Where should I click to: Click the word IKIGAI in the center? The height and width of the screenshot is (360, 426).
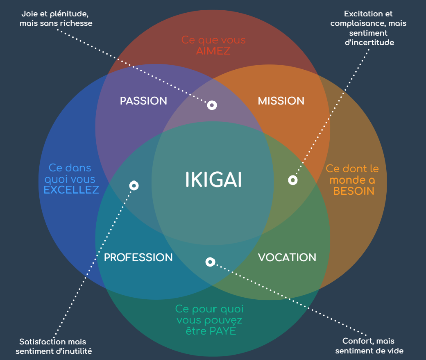pyautogui.click(x=213, y=180)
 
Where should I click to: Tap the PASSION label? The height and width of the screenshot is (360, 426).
pyautogui.click(x=143, y=101)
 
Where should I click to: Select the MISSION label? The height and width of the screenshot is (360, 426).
pyautogui.click(x=281, y=101)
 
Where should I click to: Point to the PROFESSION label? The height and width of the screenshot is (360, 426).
pyautogui.click(x=138, y=257)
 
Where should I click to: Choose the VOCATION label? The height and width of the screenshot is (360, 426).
pyautogui.click(x=287, y=257)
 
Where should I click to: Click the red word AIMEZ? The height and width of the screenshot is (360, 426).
pyautogui.click(x=213, y=51)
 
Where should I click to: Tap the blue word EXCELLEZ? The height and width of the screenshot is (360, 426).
pyautogui.click(x=71, y=190)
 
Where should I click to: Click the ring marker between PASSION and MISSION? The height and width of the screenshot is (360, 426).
pyautogui.click(x=212, y=105)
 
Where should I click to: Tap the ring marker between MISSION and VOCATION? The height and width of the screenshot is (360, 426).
pyautogui.click(x=292, y=180)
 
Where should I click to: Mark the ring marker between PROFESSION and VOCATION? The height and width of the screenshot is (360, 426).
pyautogui.click(x=210, y=262)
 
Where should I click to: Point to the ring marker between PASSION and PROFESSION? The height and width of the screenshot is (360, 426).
pyautogui.click(x=134, y=186)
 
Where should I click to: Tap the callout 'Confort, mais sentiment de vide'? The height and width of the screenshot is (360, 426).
pyautogui.click(x=369, y=346)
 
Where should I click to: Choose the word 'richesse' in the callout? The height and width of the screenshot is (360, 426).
pyautogui.click(x=75, y=23)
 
